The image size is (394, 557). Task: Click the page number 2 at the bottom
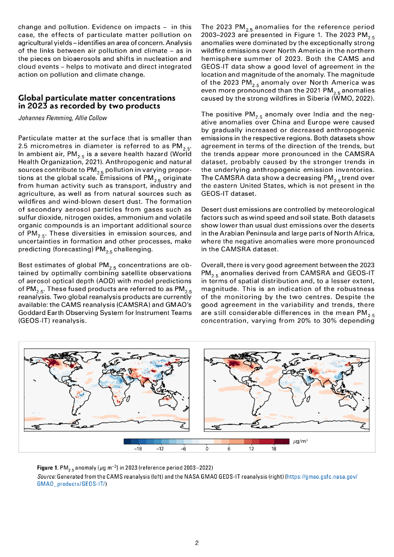197,542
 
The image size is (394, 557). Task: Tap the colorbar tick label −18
138,449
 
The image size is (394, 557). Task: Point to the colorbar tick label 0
207,449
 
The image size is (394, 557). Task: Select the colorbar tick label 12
251,449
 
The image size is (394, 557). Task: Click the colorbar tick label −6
183,449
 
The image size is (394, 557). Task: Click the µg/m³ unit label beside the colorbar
300,441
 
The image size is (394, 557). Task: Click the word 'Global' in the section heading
32,98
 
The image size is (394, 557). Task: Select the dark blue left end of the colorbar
127,441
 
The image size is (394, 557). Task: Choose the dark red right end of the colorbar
285,441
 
